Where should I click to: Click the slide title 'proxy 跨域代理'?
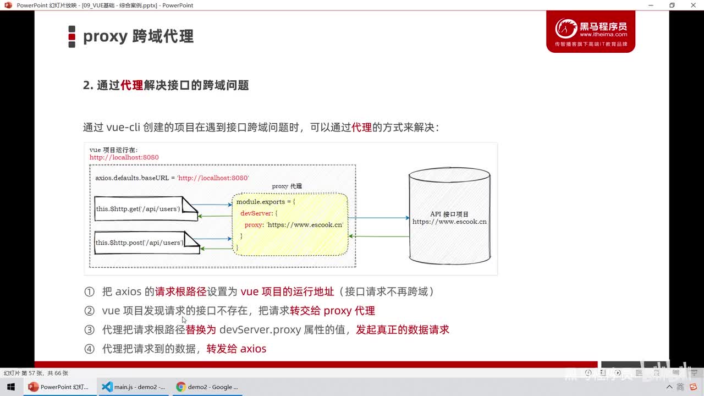tap(138, 36)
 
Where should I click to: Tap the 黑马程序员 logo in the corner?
tap(591, 31)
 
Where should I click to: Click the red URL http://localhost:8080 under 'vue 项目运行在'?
tap(124, 157)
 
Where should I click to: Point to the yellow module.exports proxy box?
tap(290, 224)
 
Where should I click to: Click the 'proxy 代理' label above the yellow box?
tap(287, 186)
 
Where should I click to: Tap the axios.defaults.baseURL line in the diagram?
tap(172, 178)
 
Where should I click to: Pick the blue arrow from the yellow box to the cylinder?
tap(378, 218)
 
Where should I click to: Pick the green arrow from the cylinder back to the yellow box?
tap(378, 237)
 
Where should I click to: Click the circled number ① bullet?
tap(89, 291)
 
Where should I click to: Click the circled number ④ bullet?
tap(89, 349)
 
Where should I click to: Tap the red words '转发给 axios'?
tap(237, 349)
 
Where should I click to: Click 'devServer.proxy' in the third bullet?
tap(260, 330)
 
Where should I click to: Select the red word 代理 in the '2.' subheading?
tap(131, 85)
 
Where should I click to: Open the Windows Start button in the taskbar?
tap(11, 387)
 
